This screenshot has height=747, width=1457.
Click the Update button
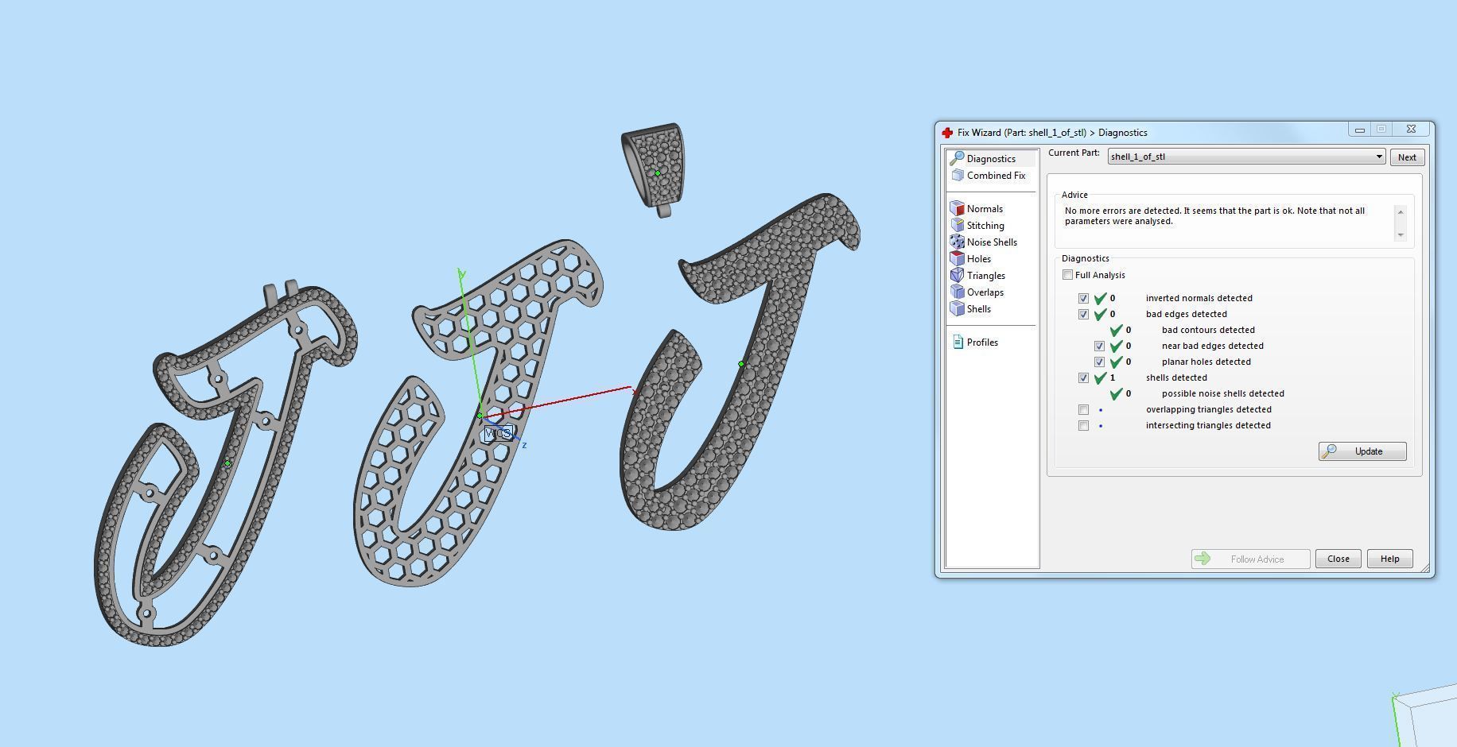click(x=1362, y=451)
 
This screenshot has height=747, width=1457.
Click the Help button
click(x=1389, y=559)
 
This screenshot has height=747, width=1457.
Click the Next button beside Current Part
click(x=1406, y=157)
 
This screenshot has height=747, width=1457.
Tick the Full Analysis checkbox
click(x=1067, y=275)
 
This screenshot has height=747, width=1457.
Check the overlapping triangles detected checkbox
click(x=1083, y=410)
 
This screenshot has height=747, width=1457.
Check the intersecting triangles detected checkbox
click(x=1083, y=426)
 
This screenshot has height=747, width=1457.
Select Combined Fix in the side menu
click(x=995, y=176)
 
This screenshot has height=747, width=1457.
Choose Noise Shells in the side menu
click(x=991, y=242)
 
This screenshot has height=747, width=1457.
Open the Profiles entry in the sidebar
click(x=981, y=343)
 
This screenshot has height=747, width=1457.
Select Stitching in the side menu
click(x=985, y=226)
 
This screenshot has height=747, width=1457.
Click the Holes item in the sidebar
click(x=978, y=259)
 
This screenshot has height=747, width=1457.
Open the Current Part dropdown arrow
click(x=1379, y=157)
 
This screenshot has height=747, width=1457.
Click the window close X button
click(x=1410, y=129)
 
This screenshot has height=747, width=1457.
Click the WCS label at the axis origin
click(x=498, y=433)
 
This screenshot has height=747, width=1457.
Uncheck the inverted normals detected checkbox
click(x=1083, y=299)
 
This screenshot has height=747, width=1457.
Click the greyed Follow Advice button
click(x=1249, y=559)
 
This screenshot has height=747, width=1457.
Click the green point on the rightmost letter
click(x=741, y=364)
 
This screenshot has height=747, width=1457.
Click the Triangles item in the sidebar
click(x=985, y=276)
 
